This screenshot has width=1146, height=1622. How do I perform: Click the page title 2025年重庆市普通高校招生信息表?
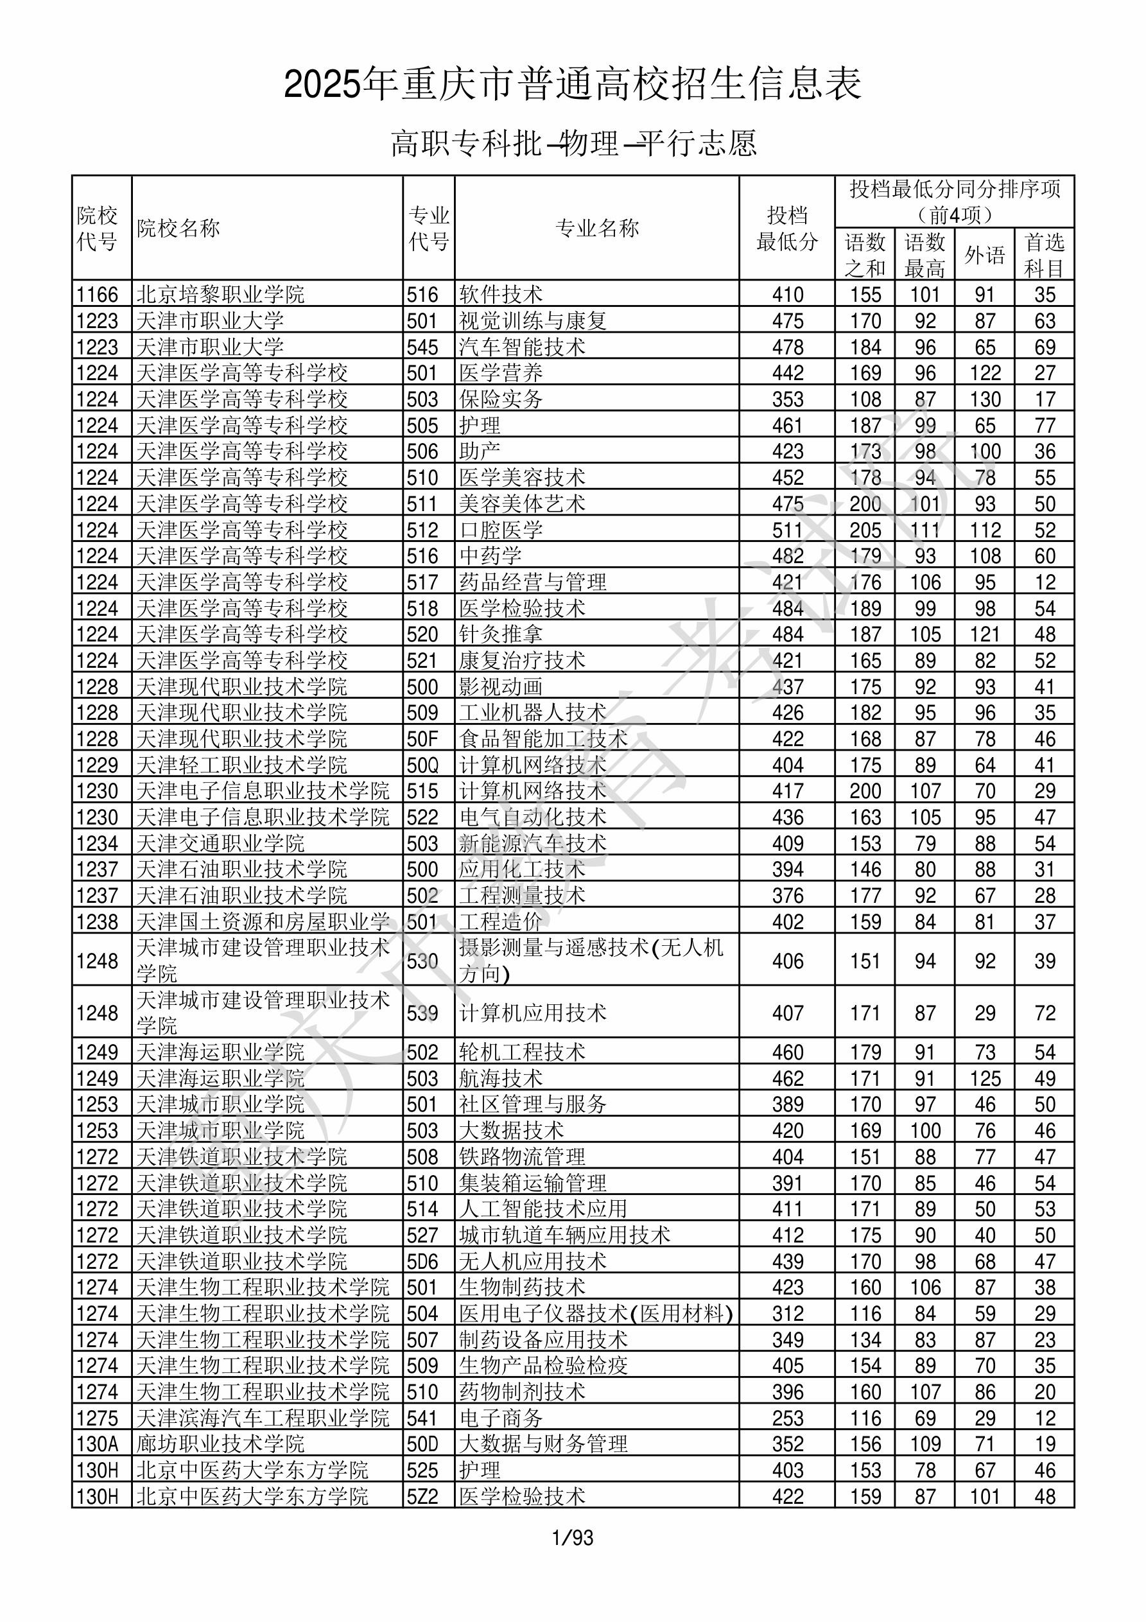pyautogui.click(x=572, y=85)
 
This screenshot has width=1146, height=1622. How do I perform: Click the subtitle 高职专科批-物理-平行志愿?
pyautogui.click(x=573, y=143)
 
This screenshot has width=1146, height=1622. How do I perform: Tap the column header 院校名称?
pyautogui.click(x=178, y=228)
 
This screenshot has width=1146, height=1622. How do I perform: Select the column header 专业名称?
pyautogui.click(x=597, y=228)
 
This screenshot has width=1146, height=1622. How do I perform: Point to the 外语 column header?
pyautogui.click(x=984, y=255)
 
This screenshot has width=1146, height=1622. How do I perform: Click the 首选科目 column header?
pyautogui.click(x=1045, y=255)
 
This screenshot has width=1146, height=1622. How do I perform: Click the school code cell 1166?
pyautogui.click(x=98, y=295)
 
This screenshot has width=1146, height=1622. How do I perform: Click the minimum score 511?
pyautogui.click(x=787, y=530)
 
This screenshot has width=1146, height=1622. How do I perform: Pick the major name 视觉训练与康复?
pyautogui.click(x=533, y=320)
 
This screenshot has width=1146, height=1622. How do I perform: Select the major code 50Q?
pyautogui.click(x=422, y=765)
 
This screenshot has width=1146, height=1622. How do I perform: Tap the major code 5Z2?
pyautogui.click(x=422, y=1496)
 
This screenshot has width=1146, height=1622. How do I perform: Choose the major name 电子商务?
pyautogui.click(x=501, y=1418)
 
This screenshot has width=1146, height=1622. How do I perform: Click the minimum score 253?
pyautogui.click(x=787, y=1418)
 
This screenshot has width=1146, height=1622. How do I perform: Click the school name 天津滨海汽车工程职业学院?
pyautogui.click(x=262, y=1418)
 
